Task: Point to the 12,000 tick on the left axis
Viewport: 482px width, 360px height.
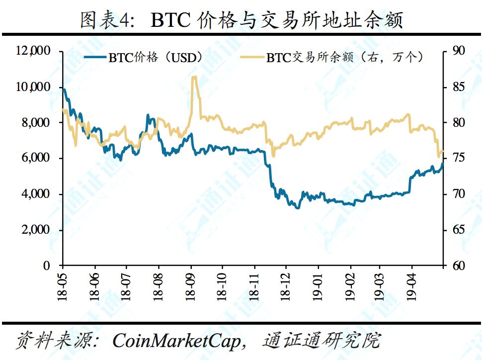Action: click(33, 51)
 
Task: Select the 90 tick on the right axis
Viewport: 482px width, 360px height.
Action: click(458, 51)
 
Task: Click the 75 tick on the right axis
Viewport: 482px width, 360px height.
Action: click(458, 158)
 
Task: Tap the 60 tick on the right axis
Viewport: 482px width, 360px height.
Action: click(458, 266)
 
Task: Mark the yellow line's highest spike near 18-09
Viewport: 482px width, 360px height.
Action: click(194, 77)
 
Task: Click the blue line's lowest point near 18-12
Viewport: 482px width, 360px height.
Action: click(298, 207)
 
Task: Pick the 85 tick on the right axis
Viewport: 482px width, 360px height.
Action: click(458, 87)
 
